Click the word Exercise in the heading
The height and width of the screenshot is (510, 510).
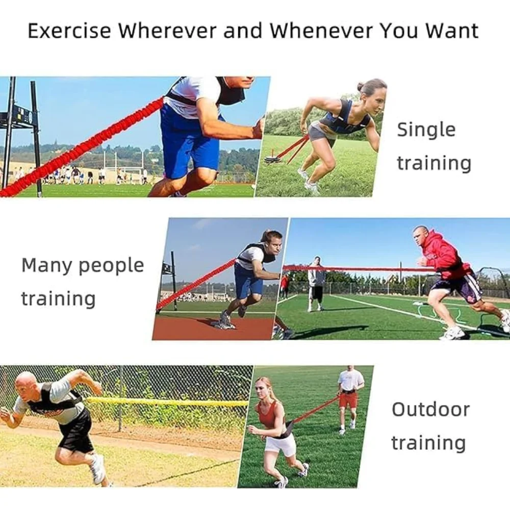[69, 31]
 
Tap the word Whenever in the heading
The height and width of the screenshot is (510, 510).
[321, 31]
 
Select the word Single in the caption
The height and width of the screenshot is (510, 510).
[426, 130]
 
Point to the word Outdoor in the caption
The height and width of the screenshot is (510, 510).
[430, 409]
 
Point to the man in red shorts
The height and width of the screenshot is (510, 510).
[349, 399]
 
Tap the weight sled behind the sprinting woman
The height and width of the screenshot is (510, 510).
[272, 159]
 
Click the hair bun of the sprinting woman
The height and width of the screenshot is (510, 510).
[361, 87]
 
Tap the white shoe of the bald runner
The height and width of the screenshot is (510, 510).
[97, 469]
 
